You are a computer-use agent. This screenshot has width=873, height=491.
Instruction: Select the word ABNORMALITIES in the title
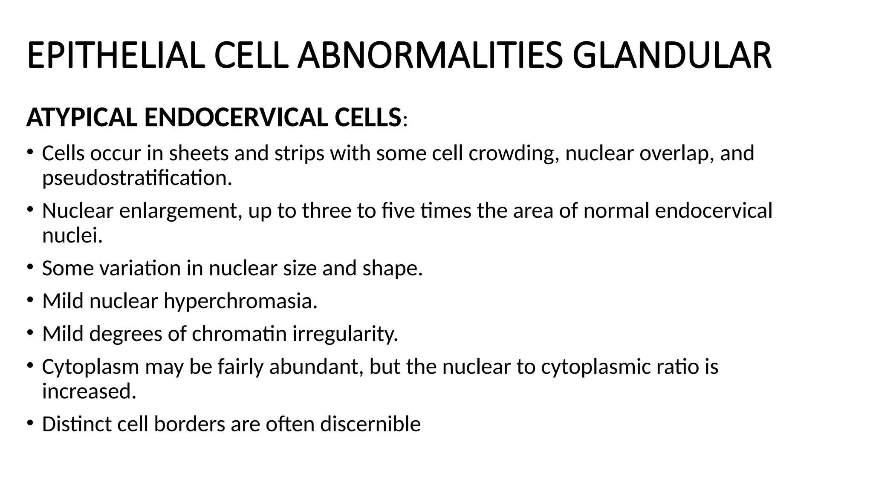(x=430, y=56)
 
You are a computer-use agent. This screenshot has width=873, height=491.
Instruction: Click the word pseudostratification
(x=137, y=178)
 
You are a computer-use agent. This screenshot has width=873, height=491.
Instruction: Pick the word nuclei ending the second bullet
(x=72, y=235)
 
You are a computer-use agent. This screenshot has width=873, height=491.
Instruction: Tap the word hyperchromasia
(x=240, y=301)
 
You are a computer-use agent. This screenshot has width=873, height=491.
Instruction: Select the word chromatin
(x=239, y=334)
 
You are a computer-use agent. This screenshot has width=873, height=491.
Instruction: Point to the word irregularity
(x=345, y=334)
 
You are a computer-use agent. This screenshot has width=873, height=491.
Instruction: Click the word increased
(x=89, y=391)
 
